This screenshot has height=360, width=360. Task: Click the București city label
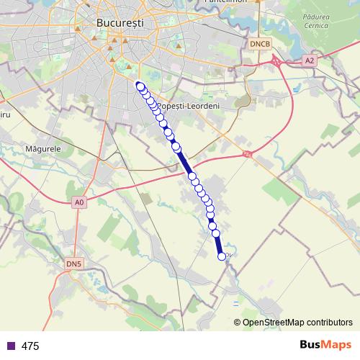120,23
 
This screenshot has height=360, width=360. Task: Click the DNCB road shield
260,44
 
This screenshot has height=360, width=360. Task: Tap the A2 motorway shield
310,61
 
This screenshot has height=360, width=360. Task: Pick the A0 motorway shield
79,203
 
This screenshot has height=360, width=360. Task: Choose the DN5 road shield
74,264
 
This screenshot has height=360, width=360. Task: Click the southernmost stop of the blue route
222,256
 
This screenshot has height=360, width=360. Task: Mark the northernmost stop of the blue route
140,85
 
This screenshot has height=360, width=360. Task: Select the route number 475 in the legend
30,346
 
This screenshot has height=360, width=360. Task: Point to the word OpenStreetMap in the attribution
273,322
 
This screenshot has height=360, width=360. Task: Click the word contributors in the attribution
328,322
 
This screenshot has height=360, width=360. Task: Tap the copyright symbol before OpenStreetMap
238,322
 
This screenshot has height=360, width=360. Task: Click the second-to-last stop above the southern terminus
214,225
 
